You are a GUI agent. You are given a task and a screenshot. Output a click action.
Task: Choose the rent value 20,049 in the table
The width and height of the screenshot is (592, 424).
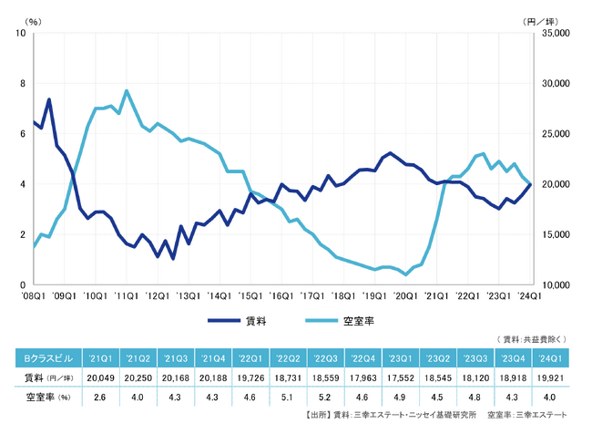[97, 377]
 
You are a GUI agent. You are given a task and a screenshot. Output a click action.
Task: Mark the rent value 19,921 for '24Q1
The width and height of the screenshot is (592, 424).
[551, 377]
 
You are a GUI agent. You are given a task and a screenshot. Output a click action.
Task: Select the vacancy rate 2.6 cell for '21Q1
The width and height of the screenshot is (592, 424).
[97, 397]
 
